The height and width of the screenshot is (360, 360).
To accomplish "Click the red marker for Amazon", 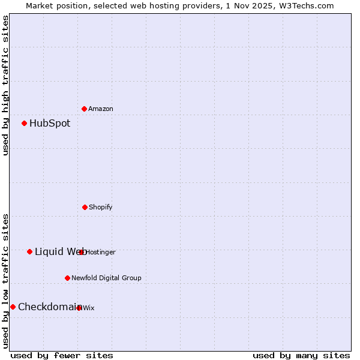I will (x=85, y=109).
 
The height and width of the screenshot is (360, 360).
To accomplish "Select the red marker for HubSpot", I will (x=25, y=124).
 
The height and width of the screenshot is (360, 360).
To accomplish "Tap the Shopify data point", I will (x=85, y=207).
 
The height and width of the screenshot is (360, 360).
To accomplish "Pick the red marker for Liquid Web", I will (x=30, y=251).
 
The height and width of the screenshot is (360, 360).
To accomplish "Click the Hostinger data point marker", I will (x=82, y=252).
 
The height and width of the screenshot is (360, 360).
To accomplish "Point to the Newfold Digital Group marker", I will (x=67, y=278).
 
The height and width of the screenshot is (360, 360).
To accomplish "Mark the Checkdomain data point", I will (x=13, y=307).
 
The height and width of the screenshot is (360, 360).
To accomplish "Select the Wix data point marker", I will (x=79, y=308).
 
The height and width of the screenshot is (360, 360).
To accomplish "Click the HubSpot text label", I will (x=50, y=124).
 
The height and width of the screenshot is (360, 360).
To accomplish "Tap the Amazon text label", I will (x=101, y=109).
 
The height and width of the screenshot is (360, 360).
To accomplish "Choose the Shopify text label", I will (x=101, y=207).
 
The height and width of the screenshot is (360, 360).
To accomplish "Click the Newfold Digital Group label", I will (x=106, y=278).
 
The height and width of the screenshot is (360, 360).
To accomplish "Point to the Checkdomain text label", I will (x=48, y=307).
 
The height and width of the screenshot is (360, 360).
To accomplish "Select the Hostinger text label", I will (x=101, y=252).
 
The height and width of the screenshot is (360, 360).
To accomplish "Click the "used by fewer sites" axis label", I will (x=62, y=355).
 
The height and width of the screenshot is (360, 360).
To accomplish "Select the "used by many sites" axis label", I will (x=301, y=355).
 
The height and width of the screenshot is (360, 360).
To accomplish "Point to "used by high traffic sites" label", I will (x=5, y=85).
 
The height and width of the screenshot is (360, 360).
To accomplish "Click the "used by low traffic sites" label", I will (x=5, y=280).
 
